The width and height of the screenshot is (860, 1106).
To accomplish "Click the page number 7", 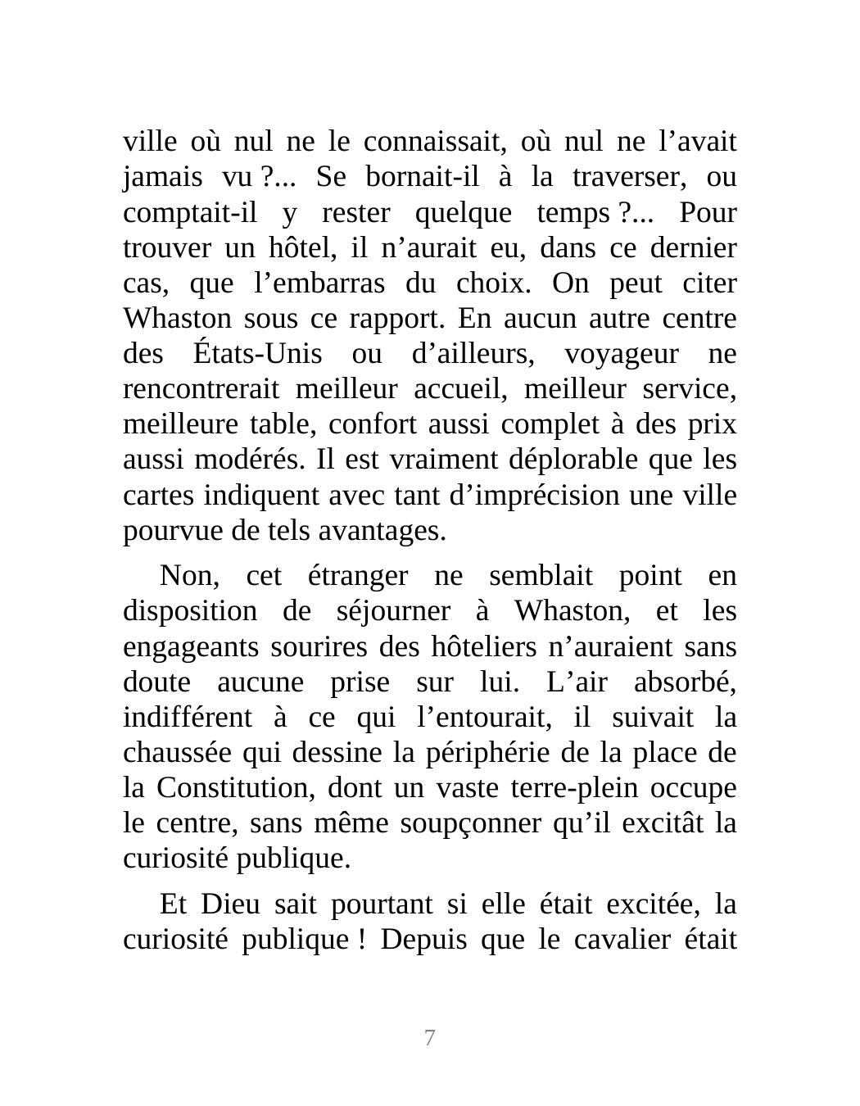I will pos(429,1038).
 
